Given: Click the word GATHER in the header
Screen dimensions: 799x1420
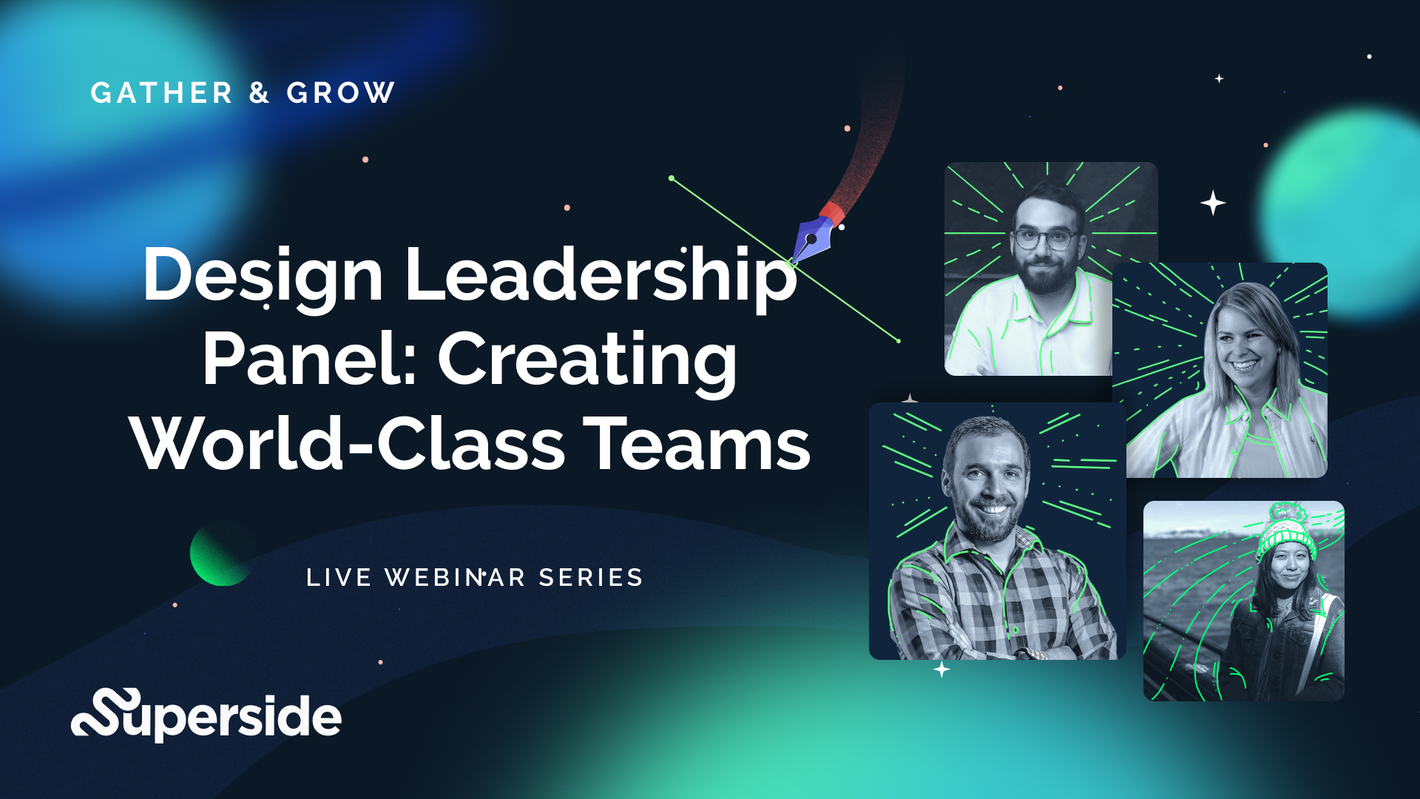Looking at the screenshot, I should (161, 93).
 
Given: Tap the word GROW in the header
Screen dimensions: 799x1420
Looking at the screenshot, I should (341, 93).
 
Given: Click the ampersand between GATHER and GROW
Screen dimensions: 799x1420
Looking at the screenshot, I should (259, 93).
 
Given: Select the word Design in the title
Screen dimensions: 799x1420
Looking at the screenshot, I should (263, 275).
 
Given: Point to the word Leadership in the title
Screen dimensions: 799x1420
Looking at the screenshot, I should (601, 275).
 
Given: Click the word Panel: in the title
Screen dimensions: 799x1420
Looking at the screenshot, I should (309, 360).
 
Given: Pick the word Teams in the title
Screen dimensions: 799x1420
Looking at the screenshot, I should (699, 444).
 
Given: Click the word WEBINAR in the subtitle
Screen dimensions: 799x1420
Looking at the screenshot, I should (455, 578).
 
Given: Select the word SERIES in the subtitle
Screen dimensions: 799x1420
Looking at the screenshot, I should (591, 578).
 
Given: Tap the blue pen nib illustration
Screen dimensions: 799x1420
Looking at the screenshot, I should (812, 239).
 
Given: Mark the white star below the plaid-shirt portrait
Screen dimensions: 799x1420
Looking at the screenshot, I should (941, 670).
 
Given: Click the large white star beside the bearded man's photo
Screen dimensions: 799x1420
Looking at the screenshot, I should (1213, 203).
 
